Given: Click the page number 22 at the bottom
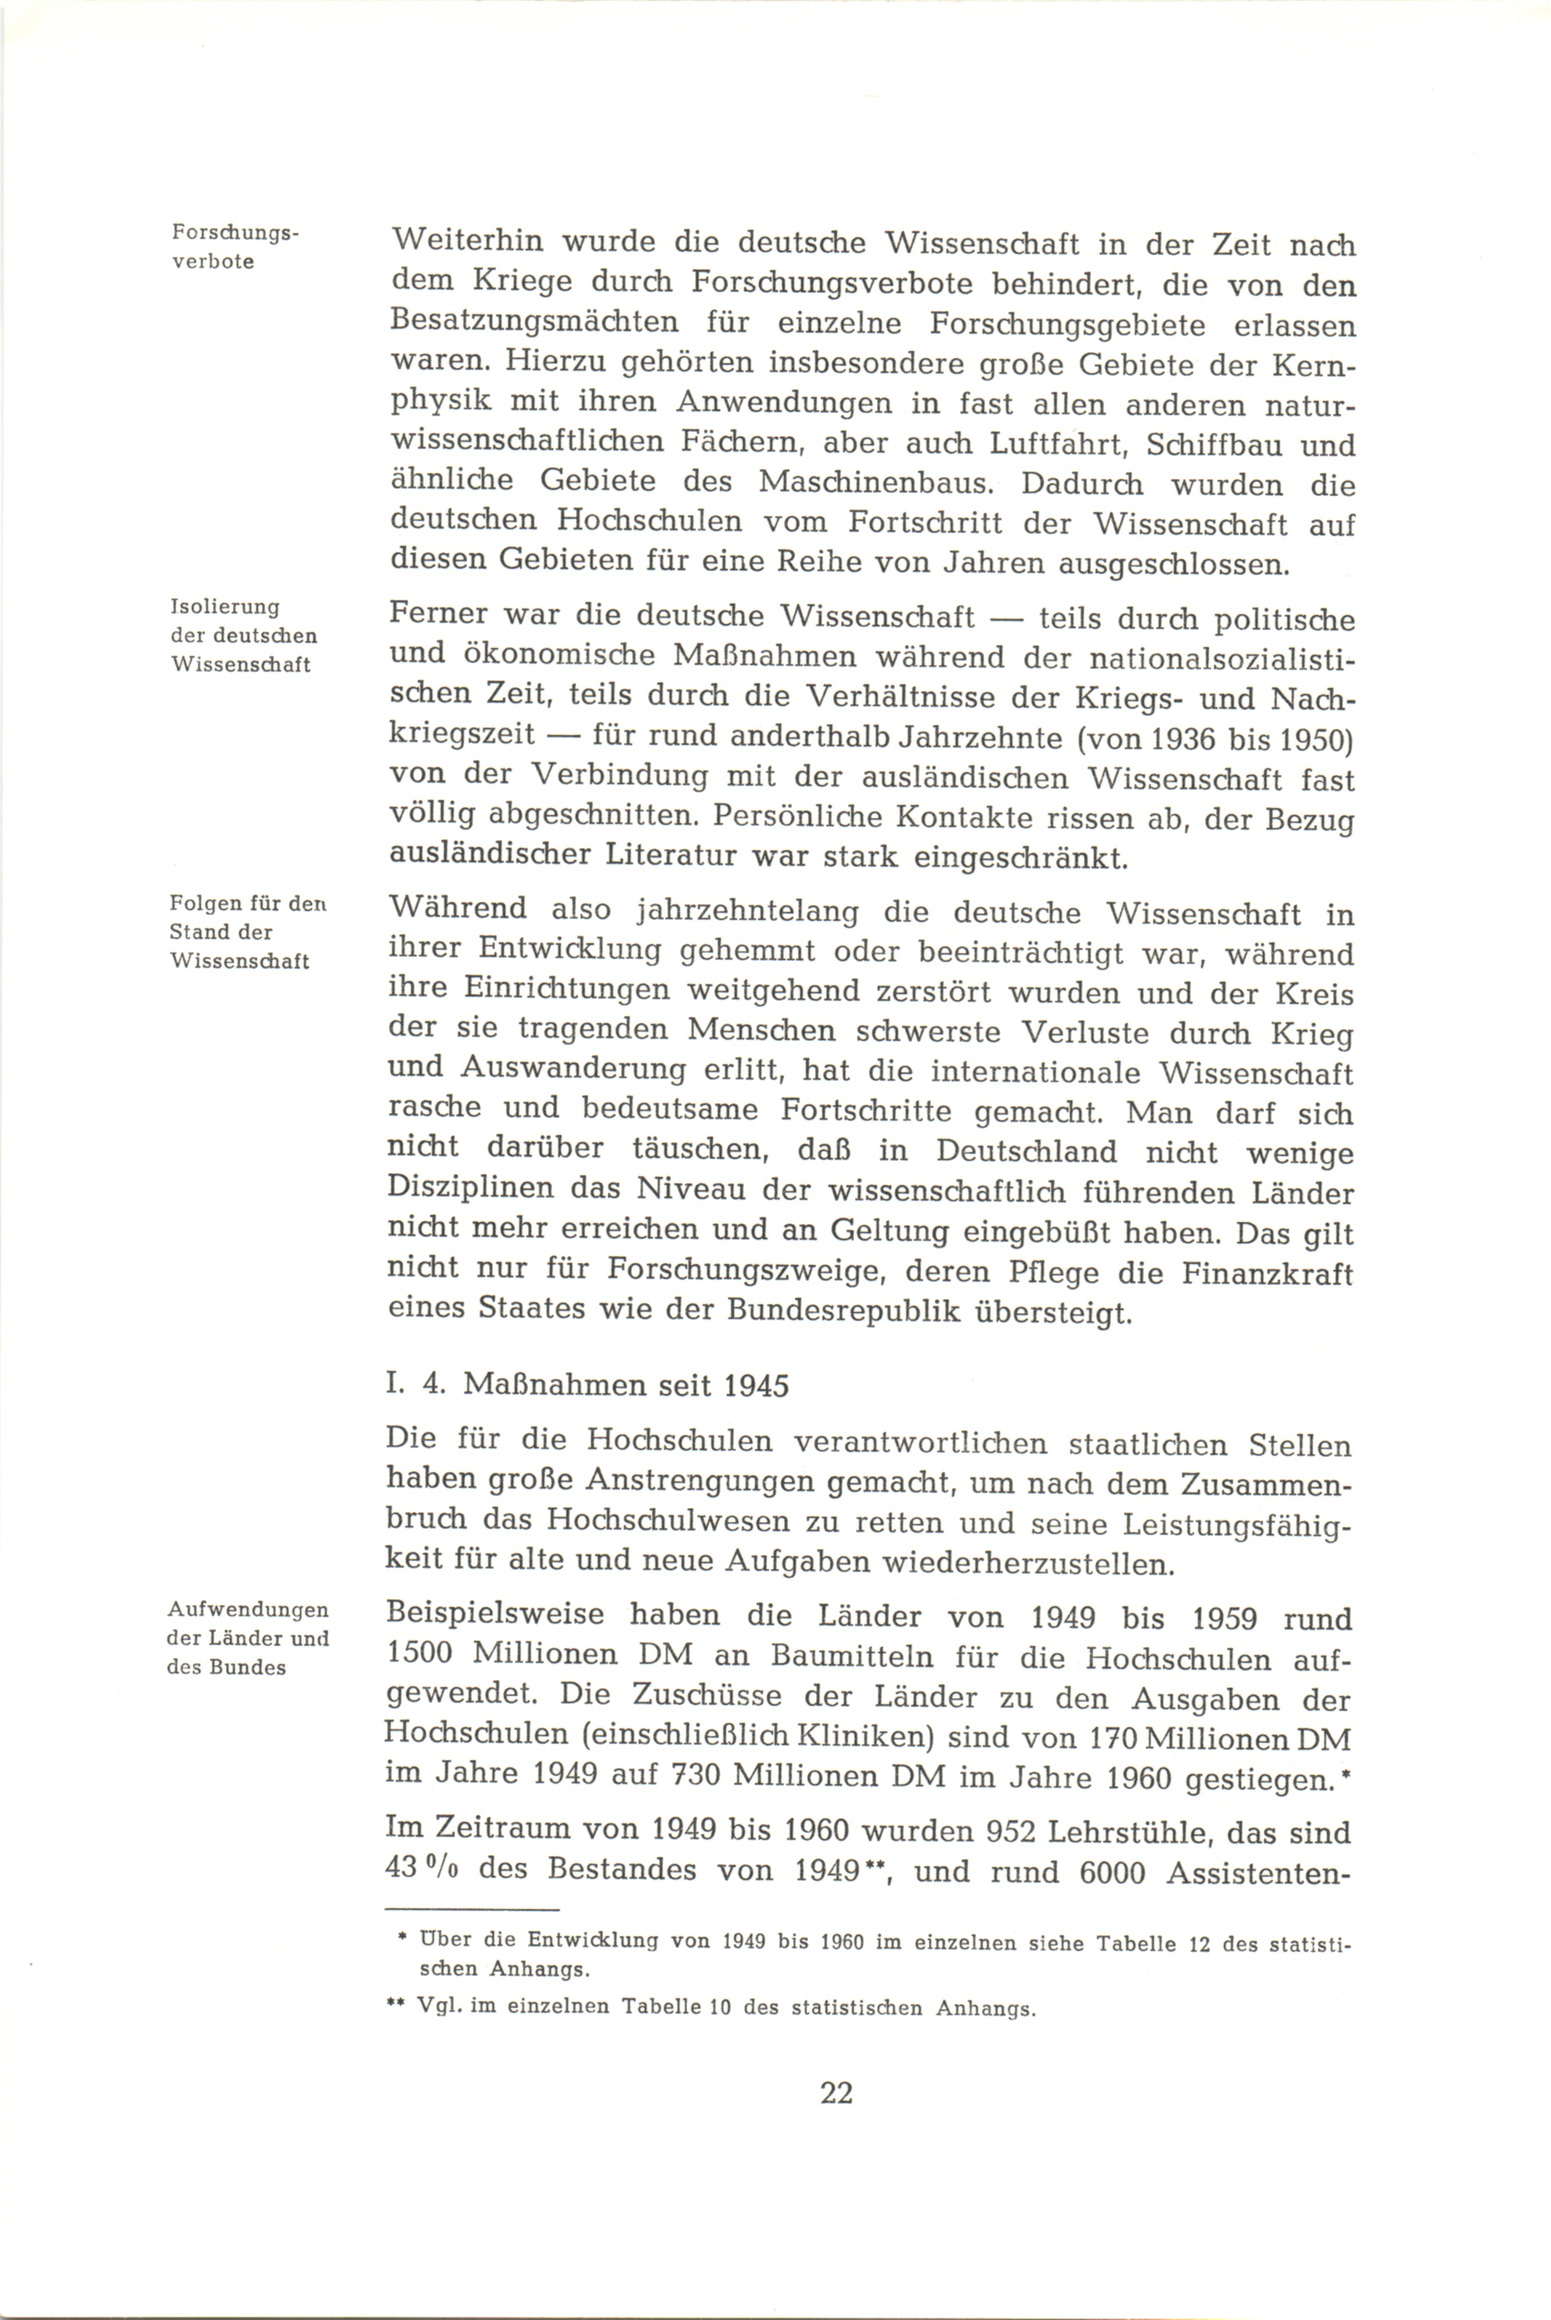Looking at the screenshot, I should (x=836, y=2094).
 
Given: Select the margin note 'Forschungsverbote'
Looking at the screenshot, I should (x=235, y=248).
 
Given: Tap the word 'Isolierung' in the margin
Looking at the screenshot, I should (x=225, y=607).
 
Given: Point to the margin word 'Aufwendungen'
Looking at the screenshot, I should (x=248, y=1610).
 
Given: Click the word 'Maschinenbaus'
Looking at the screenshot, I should (x=880, y=483).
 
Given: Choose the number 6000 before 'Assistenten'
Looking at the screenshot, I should (x=1112, y=1872).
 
